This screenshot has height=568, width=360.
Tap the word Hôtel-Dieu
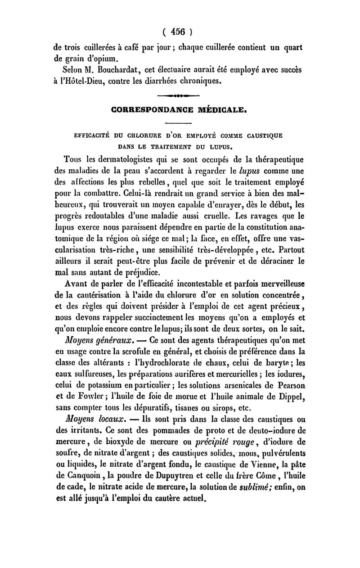[x=85, y=81]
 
